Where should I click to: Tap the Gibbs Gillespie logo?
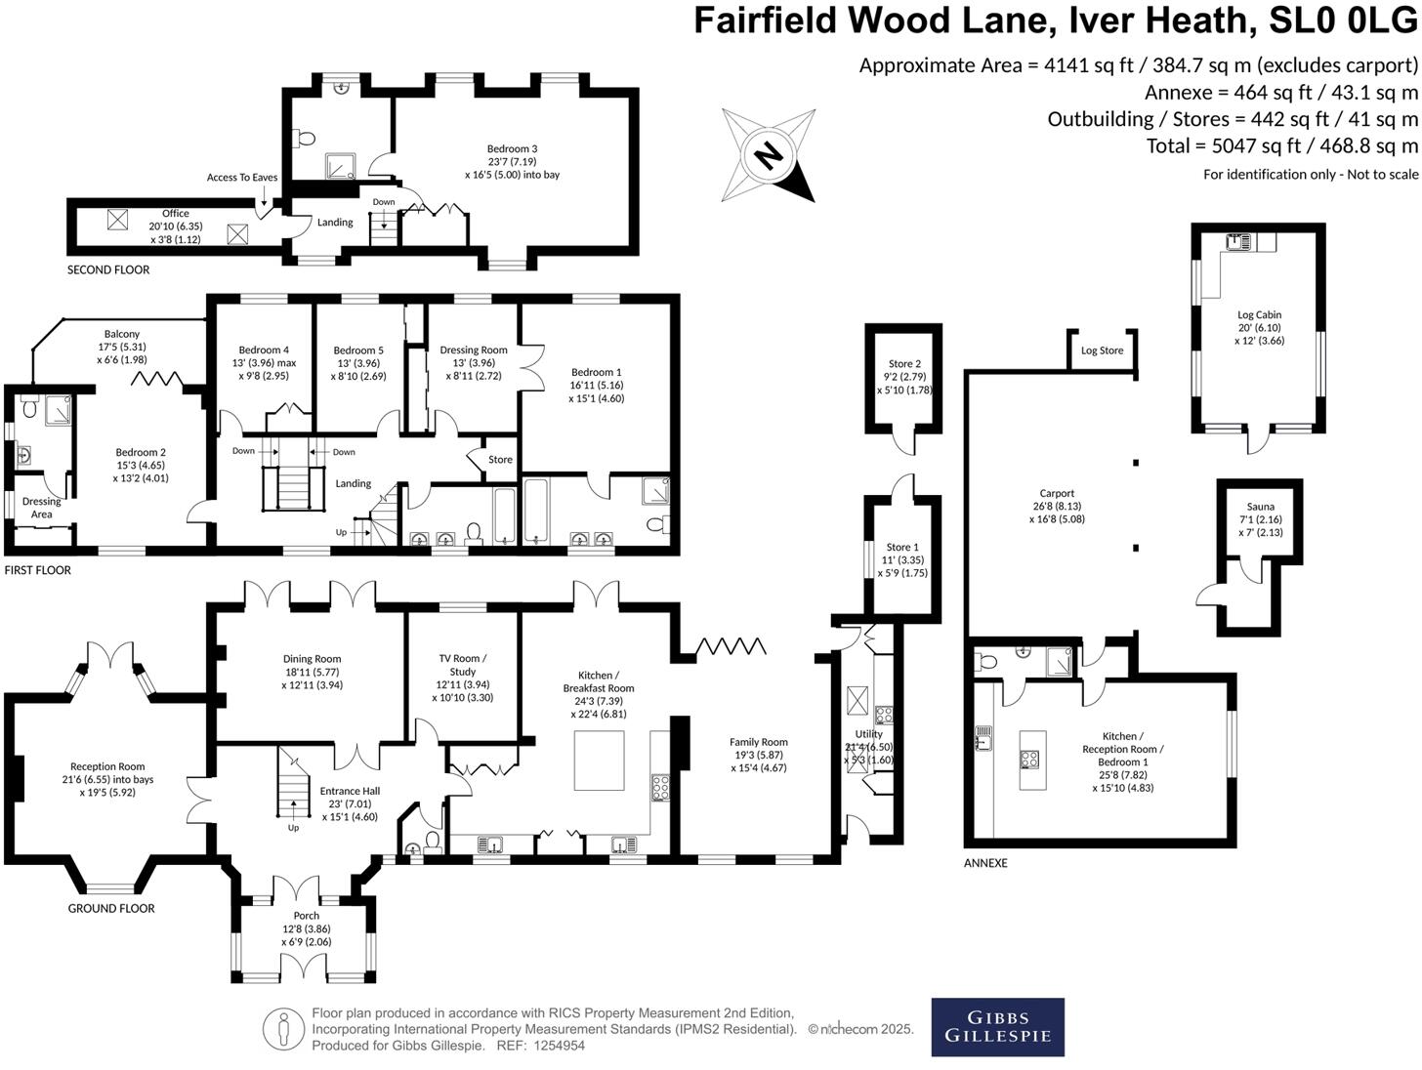(x=997, y=1027)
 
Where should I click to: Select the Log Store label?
(x=1102, y=350)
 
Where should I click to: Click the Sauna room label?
(x=1260, y=507)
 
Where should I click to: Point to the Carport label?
(x=1057, y=494)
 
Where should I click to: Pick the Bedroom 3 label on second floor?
(x=512, y=149)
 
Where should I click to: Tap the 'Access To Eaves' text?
(x=242, y=178)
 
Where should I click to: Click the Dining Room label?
(x=312, y=659)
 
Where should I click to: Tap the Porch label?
(x=306, y=916)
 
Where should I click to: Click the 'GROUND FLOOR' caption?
(x=111, y=909)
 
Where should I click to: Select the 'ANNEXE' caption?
(x=985, y=863)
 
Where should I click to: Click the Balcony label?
(x=122, y=334)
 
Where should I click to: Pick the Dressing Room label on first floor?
(x=474, y=350)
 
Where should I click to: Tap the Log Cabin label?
(x=1259, y=314)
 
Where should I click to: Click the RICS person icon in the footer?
(x=284, y=1028)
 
